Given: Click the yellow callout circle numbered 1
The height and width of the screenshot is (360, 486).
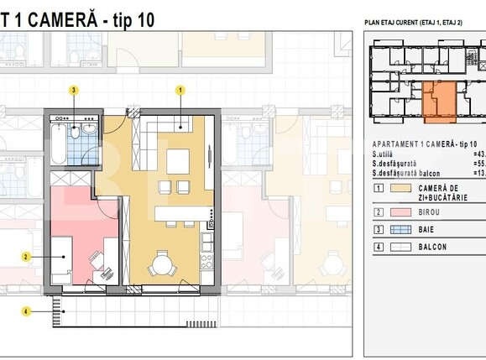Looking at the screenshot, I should click(180, 89).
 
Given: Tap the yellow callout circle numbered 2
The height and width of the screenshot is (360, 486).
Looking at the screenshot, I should click(26, 257).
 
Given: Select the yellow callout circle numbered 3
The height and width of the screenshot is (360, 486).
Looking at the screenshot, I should click(75, 89).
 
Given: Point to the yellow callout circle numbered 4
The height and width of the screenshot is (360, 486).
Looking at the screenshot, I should click(26, 311).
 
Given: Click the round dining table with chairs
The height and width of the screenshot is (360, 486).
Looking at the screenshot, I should click(161, 267).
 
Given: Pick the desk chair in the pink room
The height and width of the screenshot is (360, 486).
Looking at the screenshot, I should click(106, 270).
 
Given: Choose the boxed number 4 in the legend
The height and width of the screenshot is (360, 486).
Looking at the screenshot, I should click(379, 247).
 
